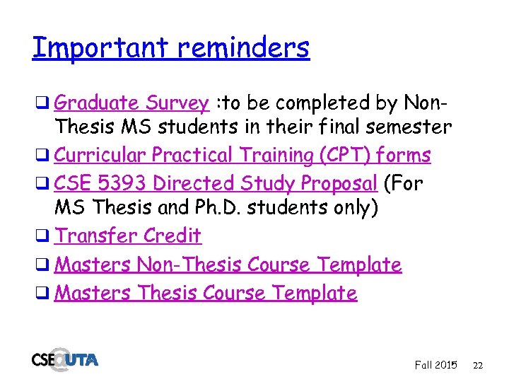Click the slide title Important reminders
(x=170, y=48)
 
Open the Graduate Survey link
(x=131, y=103)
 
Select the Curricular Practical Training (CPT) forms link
(x=242, y=155)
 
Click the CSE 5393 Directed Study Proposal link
(x=216, y=183)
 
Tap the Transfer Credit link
(x=128, y=236)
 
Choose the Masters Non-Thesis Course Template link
(x=228, y=265)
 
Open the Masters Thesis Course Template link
(x=206, y=293)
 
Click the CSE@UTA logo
(x=64, y=359)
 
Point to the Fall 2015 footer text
(x=435, y=365)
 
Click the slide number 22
(x=478, y=365)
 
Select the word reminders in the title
(x=244, y=48)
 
